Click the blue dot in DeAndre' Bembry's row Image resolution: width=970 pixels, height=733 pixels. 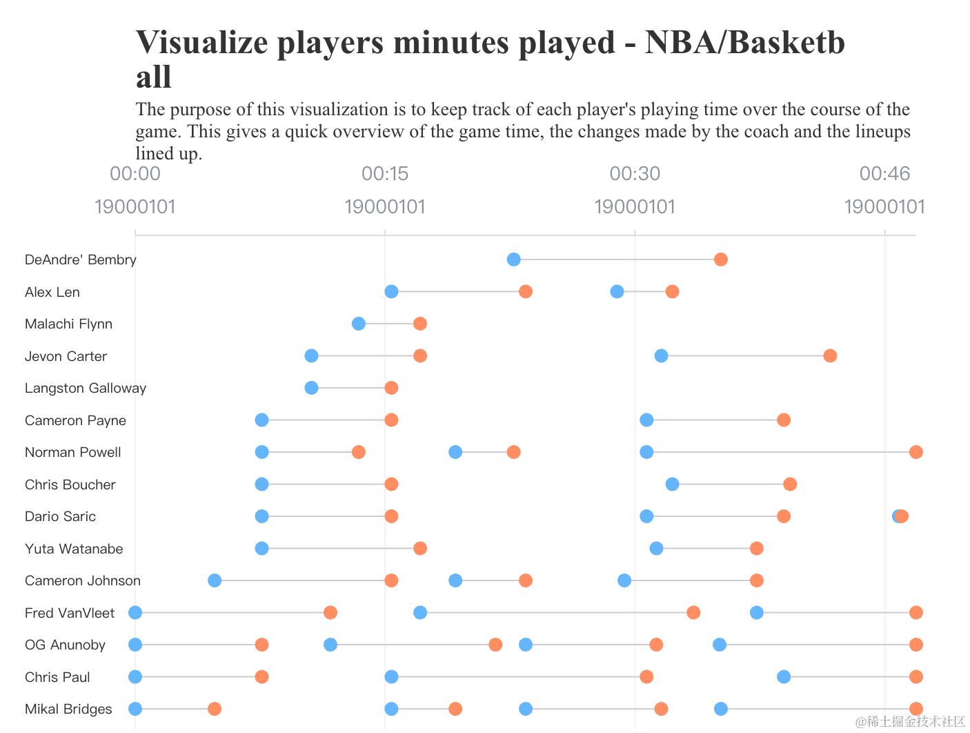[513, 260]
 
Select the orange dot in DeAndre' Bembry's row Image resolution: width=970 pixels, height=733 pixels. [721, 260]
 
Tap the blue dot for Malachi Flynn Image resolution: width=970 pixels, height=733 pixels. [359, 324]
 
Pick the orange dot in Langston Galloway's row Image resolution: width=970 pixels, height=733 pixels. [391, 388]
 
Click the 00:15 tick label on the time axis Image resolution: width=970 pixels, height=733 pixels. [385, 173]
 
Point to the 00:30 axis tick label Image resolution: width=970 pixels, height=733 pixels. [635, 173]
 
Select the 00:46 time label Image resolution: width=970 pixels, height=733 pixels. [884, 173]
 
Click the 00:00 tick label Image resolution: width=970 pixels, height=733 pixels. [135, 173]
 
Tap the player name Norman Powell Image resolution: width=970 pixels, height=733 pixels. [73, 452]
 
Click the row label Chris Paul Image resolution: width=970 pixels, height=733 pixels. [57, 677]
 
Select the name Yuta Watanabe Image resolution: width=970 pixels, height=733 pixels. [74, 549]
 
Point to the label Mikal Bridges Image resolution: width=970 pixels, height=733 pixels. [68, 709]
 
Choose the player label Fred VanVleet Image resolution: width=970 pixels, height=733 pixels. [70, 613]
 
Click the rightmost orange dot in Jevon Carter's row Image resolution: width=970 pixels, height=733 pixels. [830, 356]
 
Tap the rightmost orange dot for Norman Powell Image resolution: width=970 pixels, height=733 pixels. [916, 452]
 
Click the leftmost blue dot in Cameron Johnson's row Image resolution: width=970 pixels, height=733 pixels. [215, 580]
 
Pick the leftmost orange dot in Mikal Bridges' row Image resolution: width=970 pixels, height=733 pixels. [215, 709]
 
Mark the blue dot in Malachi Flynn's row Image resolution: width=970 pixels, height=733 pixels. [359, 324]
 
